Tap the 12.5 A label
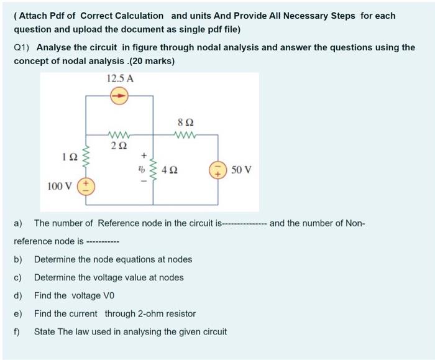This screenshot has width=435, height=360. [120, 79]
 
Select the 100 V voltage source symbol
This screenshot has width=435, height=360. [85, 185]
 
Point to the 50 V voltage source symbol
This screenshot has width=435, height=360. [217, 169]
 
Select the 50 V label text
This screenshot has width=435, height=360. [240, 169]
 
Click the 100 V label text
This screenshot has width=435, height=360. [60, 185]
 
